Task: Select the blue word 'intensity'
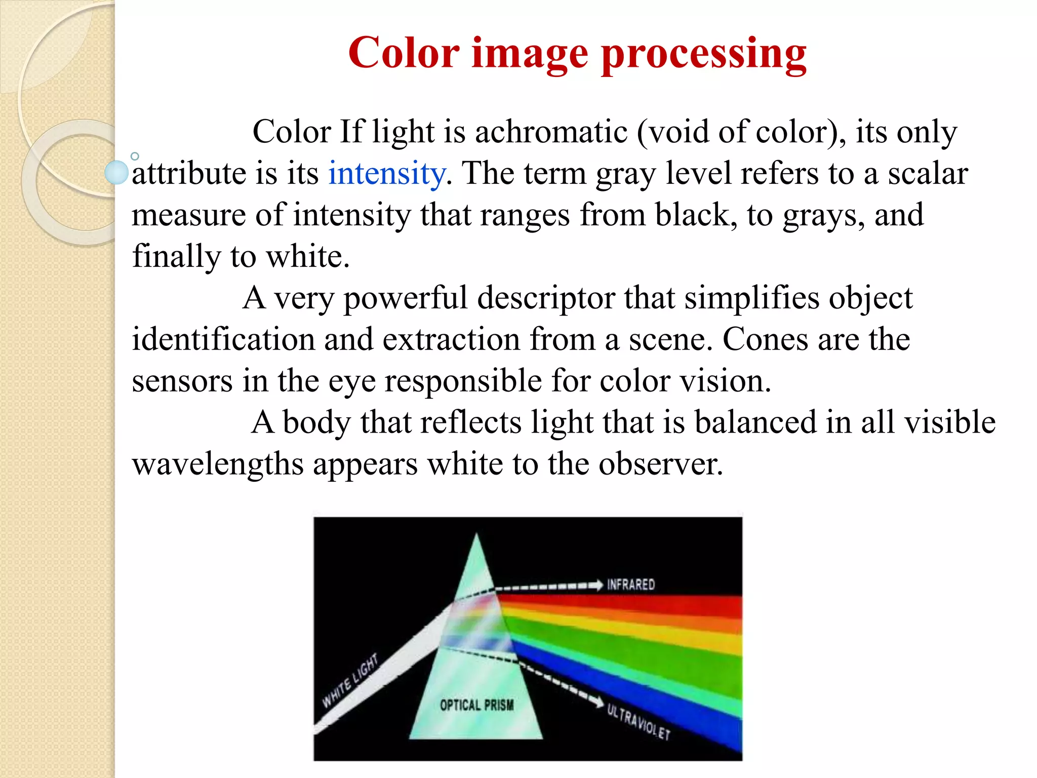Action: (x=387, y=173)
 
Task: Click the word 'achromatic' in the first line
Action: (x=551, y=132)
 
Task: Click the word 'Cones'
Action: (x=765, y=339)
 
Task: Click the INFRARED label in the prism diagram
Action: (x=631, y=585)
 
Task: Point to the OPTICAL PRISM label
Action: (x=476, y=705)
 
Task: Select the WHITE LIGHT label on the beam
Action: (x=350, y=680)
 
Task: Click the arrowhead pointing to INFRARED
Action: (x=597, y=585)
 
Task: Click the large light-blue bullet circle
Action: (x=116, y=172)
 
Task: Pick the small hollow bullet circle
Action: (x=135, y=157)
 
